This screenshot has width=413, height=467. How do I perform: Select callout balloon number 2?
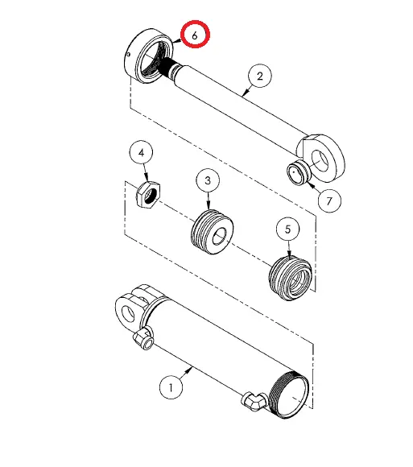pos(260,76)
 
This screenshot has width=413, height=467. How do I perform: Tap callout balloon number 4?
pos(141,152)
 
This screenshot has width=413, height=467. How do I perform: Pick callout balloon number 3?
pos(208,180)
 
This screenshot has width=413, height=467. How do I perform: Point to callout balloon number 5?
pos(287,229)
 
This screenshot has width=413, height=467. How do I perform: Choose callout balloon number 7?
pos(329,201)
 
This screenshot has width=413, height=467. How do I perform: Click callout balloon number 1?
pos(171,387)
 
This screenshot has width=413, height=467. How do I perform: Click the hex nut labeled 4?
pos(148,195)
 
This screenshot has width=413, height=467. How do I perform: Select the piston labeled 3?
pos(212,232)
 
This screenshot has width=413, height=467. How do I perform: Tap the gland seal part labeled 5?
pos(291,278)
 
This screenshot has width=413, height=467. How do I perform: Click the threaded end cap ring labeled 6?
pos(148,56)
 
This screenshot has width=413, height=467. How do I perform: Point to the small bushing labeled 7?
pos(299,173)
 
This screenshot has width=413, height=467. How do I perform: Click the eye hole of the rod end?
pos(320,161)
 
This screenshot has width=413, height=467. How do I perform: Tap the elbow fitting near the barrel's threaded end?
pos(254,402)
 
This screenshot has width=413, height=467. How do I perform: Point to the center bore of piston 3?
pos(220,237)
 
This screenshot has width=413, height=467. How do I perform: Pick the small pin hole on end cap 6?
pos(128,55)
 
